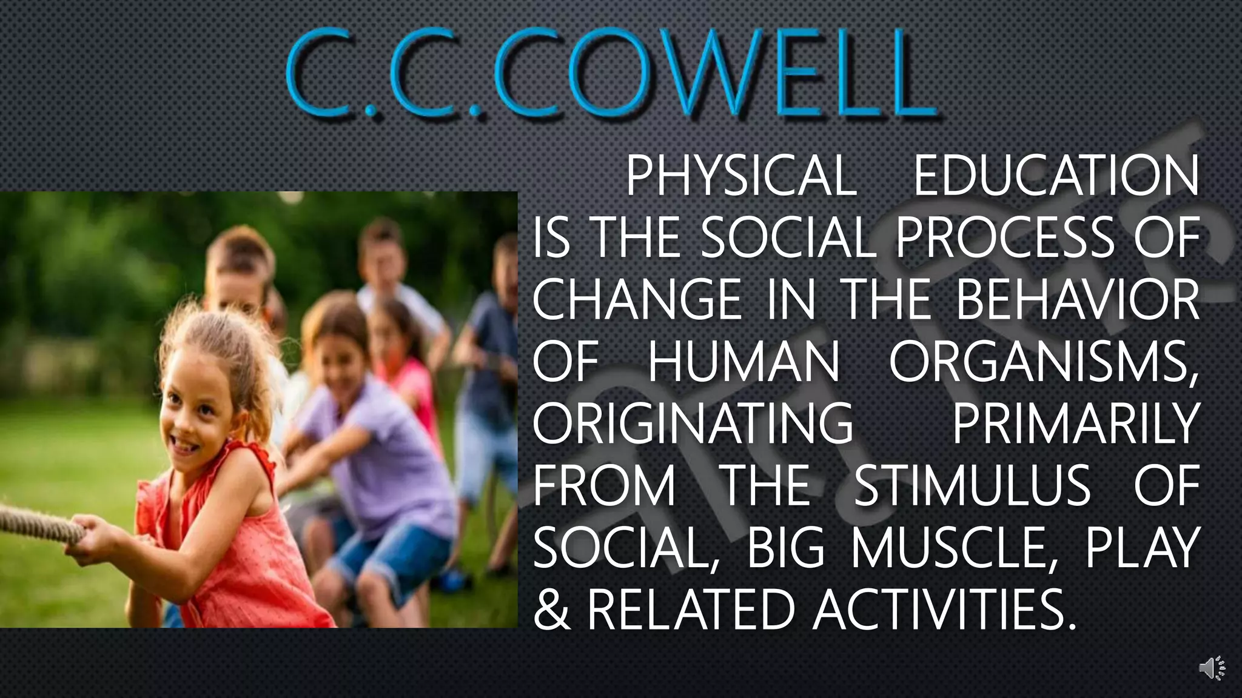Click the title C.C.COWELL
tap(611, 75)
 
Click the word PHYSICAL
tap(740, 176)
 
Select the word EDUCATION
tap(1056, 176)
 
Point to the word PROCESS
tap(1005, 238)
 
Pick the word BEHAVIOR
tap(1078, 300)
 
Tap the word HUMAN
tap(744, 362)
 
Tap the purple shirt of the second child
tap(376, 448)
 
